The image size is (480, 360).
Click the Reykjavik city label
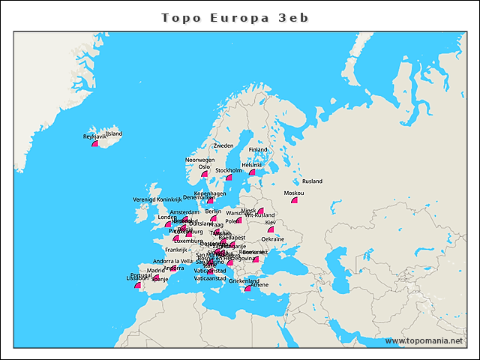click(x=94, y=137)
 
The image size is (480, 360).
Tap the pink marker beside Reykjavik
click(x=95, y=143)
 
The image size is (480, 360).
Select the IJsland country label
click(x=113, y=134)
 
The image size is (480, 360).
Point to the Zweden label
click(x=223, y=145)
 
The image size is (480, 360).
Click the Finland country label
click(x=258, y=149)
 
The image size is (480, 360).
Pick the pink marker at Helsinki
click(x=253, y=171)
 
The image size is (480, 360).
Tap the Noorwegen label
click(x=200, y=160)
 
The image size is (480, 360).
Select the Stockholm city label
click(x=229, y=170)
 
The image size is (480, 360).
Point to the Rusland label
click(x=312, y=181)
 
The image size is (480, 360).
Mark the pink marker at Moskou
click(x=295, y=199)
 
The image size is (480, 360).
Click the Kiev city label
click(x=271, y=223)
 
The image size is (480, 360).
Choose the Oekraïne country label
click(x=273, y=239)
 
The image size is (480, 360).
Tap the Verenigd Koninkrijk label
click(x=157, y=199)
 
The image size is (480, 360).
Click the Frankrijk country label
click(x=176, y=250)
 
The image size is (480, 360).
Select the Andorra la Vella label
click(x=172, y=261)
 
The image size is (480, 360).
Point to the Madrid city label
click(x=155, y=271)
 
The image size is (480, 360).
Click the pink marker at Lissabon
click(x=137, y=285)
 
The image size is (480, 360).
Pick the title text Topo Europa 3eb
click(x=235, y=16)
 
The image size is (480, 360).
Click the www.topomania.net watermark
click(x=424, y=340)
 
